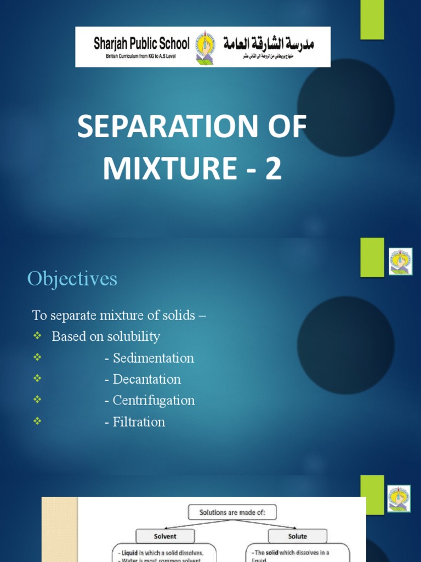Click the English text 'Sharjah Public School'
(141, 43)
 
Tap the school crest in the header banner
(206, 47)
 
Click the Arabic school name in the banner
(269, 42)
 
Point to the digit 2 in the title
(273, 169)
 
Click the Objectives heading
(72, 279)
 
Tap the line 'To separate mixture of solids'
(119, 315)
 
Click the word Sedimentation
(153, 358)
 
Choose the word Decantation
(147, 379)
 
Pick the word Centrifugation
(153, 400)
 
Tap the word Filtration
(139, 421)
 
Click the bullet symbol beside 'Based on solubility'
(37, 336)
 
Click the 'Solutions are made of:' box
(232, 513)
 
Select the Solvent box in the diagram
(165, 536)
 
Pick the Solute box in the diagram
(297, 536)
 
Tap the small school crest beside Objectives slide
(400, 261)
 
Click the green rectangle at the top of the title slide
(372, 20)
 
